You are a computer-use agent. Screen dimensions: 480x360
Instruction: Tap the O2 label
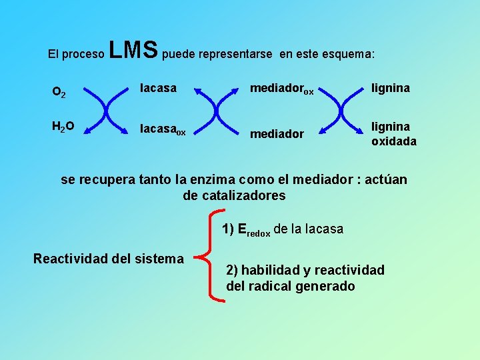[x=59, y=92]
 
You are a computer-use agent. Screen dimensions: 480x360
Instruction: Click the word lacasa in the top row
[x=158, y=87]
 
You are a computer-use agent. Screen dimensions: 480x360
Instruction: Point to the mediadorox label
[x=281, y=89]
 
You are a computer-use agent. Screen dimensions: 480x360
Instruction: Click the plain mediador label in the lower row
[x=277, y=134]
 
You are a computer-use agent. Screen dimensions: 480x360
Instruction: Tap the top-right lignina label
[x=391, y=87]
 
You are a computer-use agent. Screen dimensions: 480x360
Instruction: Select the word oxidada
[x=394, y=141]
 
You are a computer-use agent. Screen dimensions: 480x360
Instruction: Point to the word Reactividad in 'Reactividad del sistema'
[x=69, y=258]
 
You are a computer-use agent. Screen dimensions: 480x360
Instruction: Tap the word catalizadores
[x=233, y=195]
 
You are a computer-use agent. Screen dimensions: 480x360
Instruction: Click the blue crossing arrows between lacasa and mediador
[x=217, y=109]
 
